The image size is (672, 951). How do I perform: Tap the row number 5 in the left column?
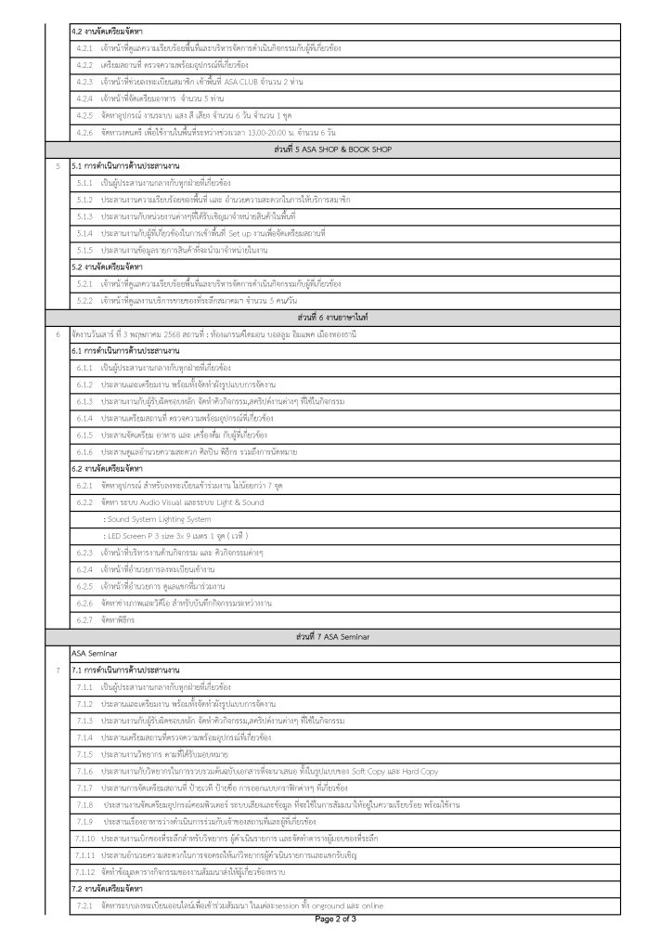coord(58,165)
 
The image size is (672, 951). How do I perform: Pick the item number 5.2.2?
coord(84,299)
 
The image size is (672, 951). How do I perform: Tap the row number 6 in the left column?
coord(58,332)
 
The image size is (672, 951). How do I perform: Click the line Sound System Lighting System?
coord(158,518)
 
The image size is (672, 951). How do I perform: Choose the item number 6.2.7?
coord(84,619)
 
